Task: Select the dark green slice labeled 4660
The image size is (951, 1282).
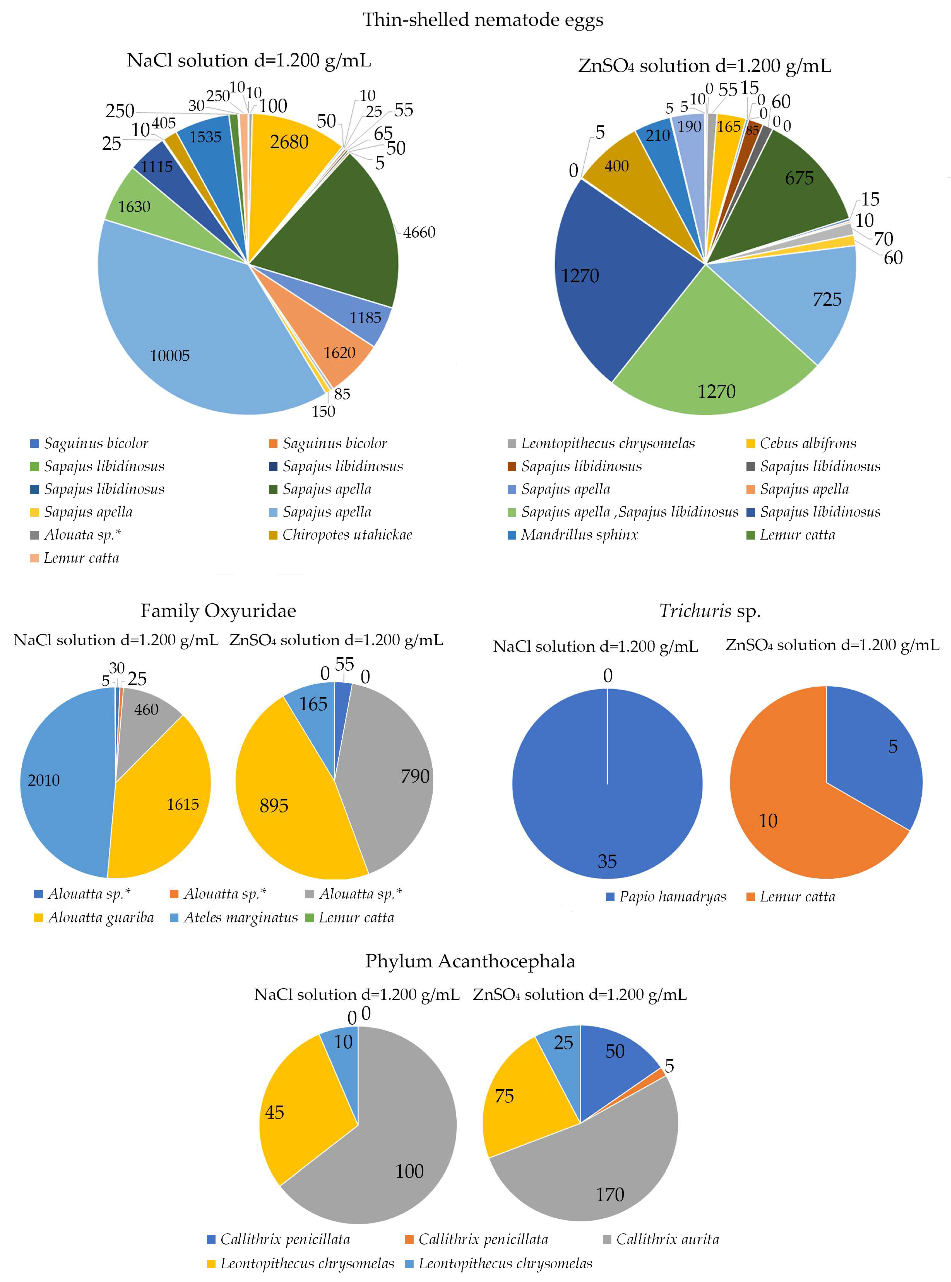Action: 340,230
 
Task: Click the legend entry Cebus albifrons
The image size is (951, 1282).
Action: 807,443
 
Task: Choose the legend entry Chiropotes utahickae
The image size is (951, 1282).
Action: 347,535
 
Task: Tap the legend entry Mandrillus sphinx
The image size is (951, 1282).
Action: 579,535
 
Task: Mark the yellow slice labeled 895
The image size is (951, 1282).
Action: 288,806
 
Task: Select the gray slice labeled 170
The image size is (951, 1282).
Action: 599,1180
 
